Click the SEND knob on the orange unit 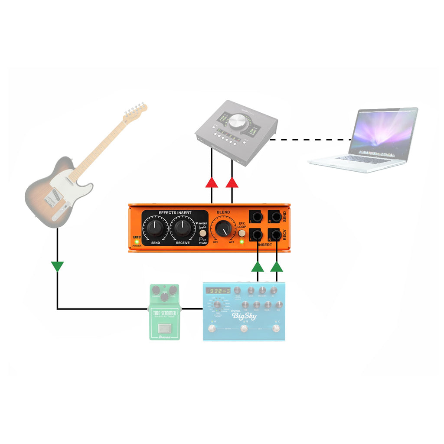[155, 227]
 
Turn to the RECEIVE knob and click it [182, 227]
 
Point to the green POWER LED [137, 241]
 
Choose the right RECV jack [275, 235]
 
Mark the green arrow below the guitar [57, 266]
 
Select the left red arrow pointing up [212, 182]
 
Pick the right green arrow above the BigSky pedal [277, 266]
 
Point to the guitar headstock [135, 112]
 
